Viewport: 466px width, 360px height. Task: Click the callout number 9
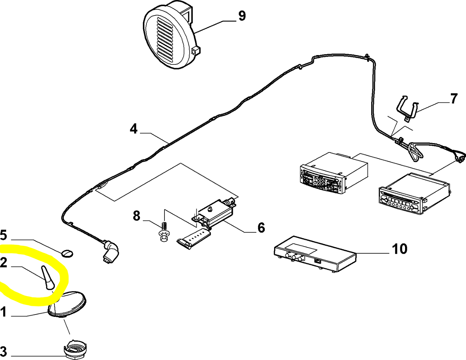(x=242, y=16)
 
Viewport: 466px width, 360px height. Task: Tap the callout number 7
(x=453, y=99)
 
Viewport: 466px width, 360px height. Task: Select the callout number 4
(x=134, y=129)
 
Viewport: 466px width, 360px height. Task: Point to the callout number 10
(x=400, y=249)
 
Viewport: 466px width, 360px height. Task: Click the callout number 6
(x=261, y=228)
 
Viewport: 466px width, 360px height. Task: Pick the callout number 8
(x=137, y=216)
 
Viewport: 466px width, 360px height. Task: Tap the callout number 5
(x=3, y=235)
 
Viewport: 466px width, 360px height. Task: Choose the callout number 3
(x=3, y=351)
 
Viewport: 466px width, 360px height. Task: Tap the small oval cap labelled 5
(x=67, y=253)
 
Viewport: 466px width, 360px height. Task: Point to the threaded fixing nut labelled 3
(x=75, y=349)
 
